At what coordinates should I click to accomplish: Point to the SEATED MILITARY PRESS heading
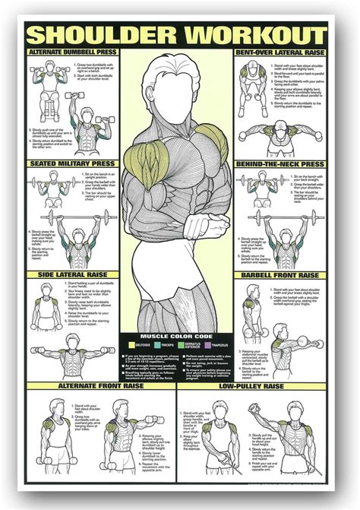pyautogui.click(x=72, y=163)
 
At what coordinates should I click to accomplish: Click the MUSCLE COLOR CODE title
pyautogui.click(x=179, y=335)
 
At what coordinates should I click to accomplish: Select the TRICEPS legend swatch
pyautogui.click(x=156, y=344)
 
